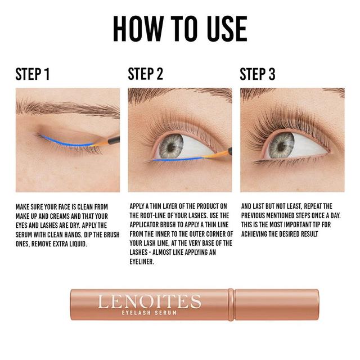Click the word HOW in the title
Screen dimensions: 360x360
tap(138, 29)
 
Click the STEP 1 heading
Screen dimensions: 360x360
tap(33, 74)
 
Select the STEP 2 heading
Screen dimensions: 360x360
tap(146, 74)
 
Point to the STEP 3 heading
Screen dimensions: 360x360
tap(258, 74)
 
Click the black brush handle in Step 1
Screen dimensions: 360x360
tap(114, 140)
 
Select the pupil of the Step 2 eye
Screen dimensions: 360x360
tap(170, 146)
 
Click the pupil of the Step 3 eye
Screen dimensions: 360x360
tap(281, 146)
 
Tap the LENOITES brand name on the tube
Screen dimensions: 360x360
tap(150, 301)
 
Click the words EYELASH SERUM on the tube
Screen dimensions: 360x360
tap(149, 313)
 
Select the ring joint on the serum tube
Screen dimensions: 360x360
tap(231, 305)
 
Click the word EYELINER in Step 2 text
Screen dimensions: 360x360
tap(142, 262)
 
